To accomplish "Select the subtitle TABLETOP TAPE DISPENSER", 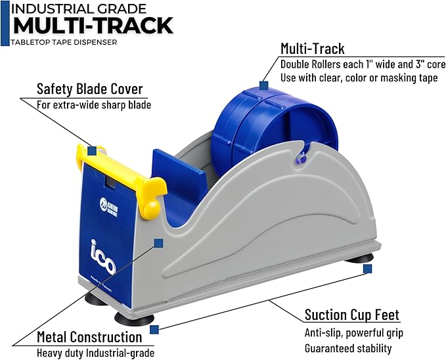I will tap(64, 43).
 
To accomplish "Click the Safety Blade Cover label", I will tap(89, 89).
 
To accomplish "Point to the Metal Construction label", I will tap(89, 337).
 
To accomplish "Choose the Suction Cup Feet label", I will tap(352, 315).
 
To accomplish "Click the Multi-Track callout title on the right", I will tap(312, 48).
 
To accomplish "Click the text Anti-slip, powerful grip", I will tap(353, 333).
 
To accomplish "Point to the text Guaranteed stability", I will tap(348, 348).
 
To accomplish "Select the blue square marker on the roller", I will tap(263, 85).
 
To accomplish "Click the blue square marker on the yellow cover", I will tap(93, 150).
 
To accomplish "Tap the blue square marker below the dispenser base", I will tap(154, 329).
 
